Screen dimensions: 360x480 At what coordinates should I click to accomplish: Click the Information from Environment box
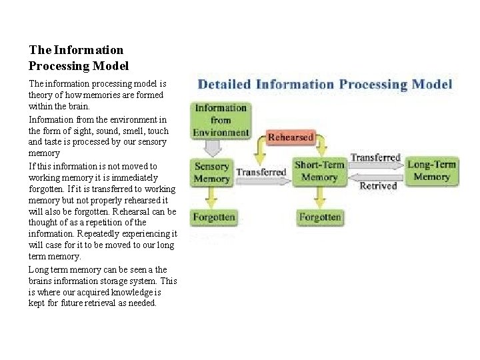click(220, 120)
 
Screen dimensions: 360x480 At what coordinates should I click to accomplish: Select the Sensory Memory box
click(212, 171)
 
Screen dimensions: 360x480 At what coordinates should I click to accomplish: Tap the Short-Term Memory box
click(319, 171)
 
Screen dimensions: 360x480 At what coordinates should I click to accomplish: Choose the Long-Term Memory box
click(431, 171)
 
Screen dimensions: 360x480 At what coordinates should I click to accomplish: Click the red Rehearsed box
click(291, 137)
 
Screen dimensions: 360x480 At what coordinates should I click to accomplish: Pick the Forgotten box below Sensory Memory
click(213, 217)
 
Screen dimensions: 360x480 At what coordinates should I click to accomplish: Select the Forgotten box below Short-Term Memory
click(320, 217)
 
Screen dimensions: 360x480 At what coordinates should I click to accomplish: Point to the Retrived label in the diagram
click(378, 187)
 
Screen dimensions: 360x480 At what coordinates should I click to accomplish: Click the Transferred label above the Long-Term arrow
click(375, 158)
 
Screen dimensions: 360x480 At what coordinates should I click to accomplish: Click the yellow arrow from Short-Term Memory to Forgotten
click(320, 196)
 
